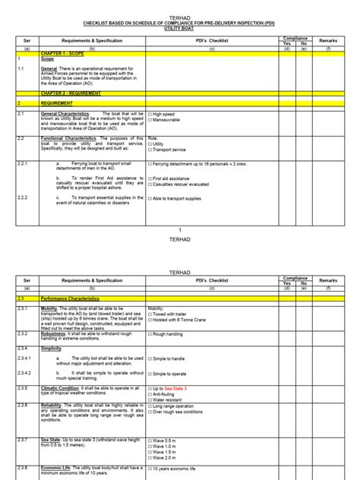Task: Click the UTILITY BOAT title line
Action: (179, 27)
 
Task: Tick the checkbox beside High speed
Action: (150, 114)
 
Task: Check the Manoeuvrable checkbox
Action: (150, 119)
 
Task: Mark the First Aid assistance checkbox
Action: (150, 176)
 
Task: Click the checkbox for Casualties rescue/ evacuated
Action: (150, 185)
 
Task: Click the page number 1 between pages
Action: (179, 229)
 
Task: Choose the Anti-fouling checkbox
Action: (150, 393)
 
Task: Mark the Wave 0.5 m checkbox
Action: (150, 441)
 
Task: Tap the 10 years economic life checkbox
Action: (150, 469)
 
